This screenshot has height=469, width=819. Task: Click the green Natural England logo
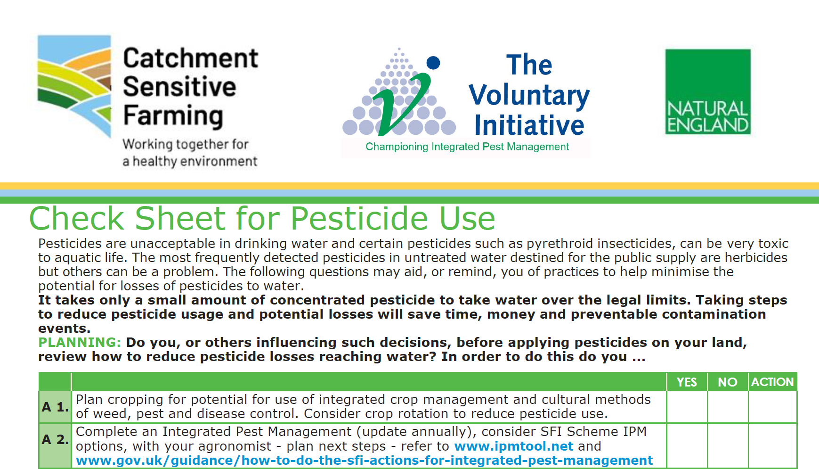[707, 92]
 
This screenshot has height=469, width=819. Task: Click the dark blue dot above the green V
[433, 63]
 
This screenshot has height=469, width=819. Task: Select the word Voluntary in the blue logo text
[529, 95]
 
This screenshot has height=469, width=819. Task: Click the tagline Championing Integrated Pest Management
[467, 147]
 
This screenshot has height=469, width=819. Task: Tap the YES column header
[687, 382]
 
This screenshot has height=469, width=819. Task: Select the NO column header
[727, 382]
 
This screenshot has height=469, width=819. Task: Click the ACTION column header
[772, 382]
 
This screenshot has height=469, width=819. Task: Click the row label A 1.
[55, 407]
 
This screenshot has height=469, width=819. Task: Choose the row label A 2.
[55, 439]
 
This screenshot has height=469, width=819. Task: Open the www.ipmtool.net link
[513, 446]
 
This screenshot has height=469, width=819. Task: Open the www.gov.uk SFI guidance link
[364, 461]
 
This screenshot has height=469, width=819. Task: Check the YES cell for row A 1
[687, 407]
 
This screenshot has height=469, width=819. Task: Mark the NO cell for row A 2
[727, 445]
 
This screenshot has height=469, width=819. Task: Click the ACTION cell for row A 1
[772, 407]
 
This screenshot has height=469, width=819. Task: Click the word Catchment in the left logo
[190, 58]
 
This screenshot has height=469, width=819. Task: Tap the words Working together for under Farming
[185, 144]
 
